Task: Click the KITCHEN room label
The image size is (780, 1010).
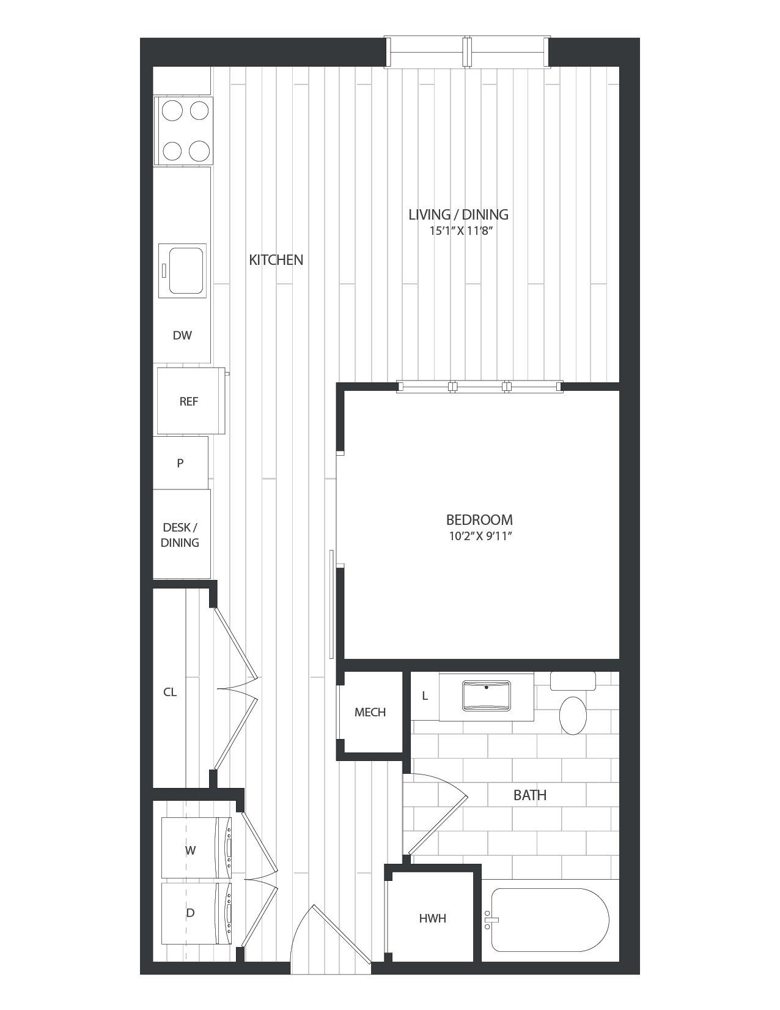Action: pos(276,259)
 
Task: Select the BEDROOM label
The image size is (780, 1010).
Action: pos(479,520)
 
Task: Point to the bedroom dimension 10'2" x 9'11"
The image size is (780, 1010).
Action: pos(479,537)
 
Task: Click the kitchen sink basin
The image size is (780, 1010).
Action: pos(185,270)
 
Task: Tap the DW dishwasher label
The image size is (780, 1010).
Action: pos(182,335)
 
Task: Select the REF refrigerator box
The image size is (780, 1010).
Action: pos(189,401)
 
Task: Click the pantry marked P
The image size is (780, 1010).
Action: pos(180,463)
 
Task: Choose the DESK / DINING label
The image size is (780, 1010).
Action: pos(180,535)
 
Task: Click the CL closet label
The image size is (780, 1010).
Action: pos(170,693)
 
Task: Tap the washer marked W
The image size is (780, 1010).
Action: pos(190,850)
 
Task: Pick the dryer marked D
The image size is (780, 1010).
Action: pos(190,913)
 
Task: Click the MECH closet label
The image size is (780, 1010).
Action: pos(370,712)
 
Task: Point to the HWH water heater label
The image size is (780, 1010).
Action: pos(432,918)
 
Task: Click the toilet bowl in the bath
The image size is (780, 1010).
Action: pos(573,715)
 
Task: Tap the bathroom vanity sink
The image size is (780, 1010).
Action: pos(487,696)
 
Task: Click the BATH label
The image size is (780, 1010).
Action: pos(529,795)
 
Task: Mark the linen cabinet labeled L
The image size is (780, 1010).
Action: pos(424,696)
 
